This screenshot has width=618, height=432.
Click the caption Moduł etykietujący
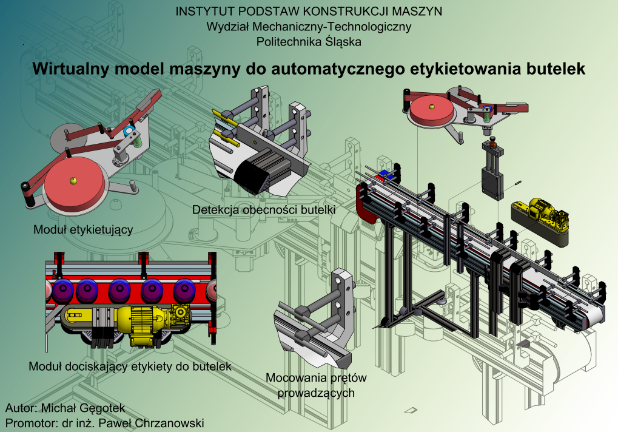pos(83,230)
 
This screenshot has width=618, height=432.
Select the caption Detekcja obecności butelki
pos(264,210)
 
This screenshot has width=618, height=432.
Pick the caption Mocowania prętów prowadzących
pos(317,385)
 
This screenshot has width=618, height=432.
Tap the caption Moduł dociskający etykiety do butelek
pos(130,366)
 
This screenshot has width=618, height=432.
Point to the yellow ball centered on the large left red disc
pos(73,180)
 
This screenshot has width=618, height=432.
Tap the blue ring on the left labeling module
pos(127,131)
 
